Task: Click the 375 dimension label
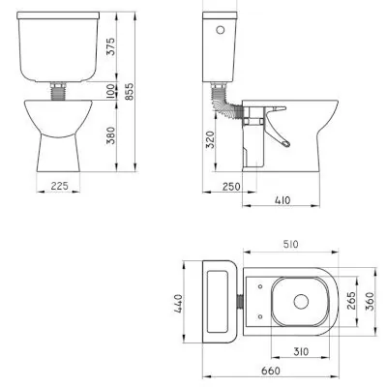[110, 46]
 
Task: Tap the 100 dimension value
[110, 91]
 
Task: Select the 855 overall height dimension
[129, 92]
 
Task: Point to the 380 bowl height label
[110, 135]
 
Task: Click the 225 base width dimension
[59, 186]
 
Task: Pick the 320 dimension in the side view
[210, 139]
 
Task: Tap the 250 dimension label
[231, 187]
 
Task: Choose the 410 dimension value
[283, 200]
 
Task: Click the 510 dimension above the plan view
[290, 244]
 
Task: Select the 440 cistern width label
[178, 303]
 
